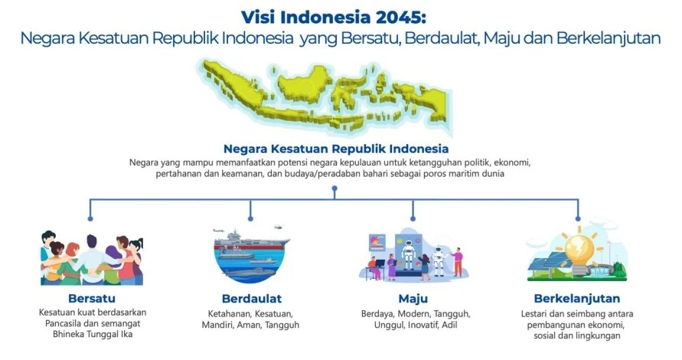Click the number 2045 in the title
point(411,16)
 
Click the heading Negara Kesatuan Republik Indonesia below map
point(335,149)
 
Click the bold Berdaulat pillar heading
point(253,298)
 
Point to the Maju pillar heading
point(413,298)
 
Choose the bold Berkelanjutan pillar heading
point(576,298)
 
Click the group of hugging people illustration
point(92,257)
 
